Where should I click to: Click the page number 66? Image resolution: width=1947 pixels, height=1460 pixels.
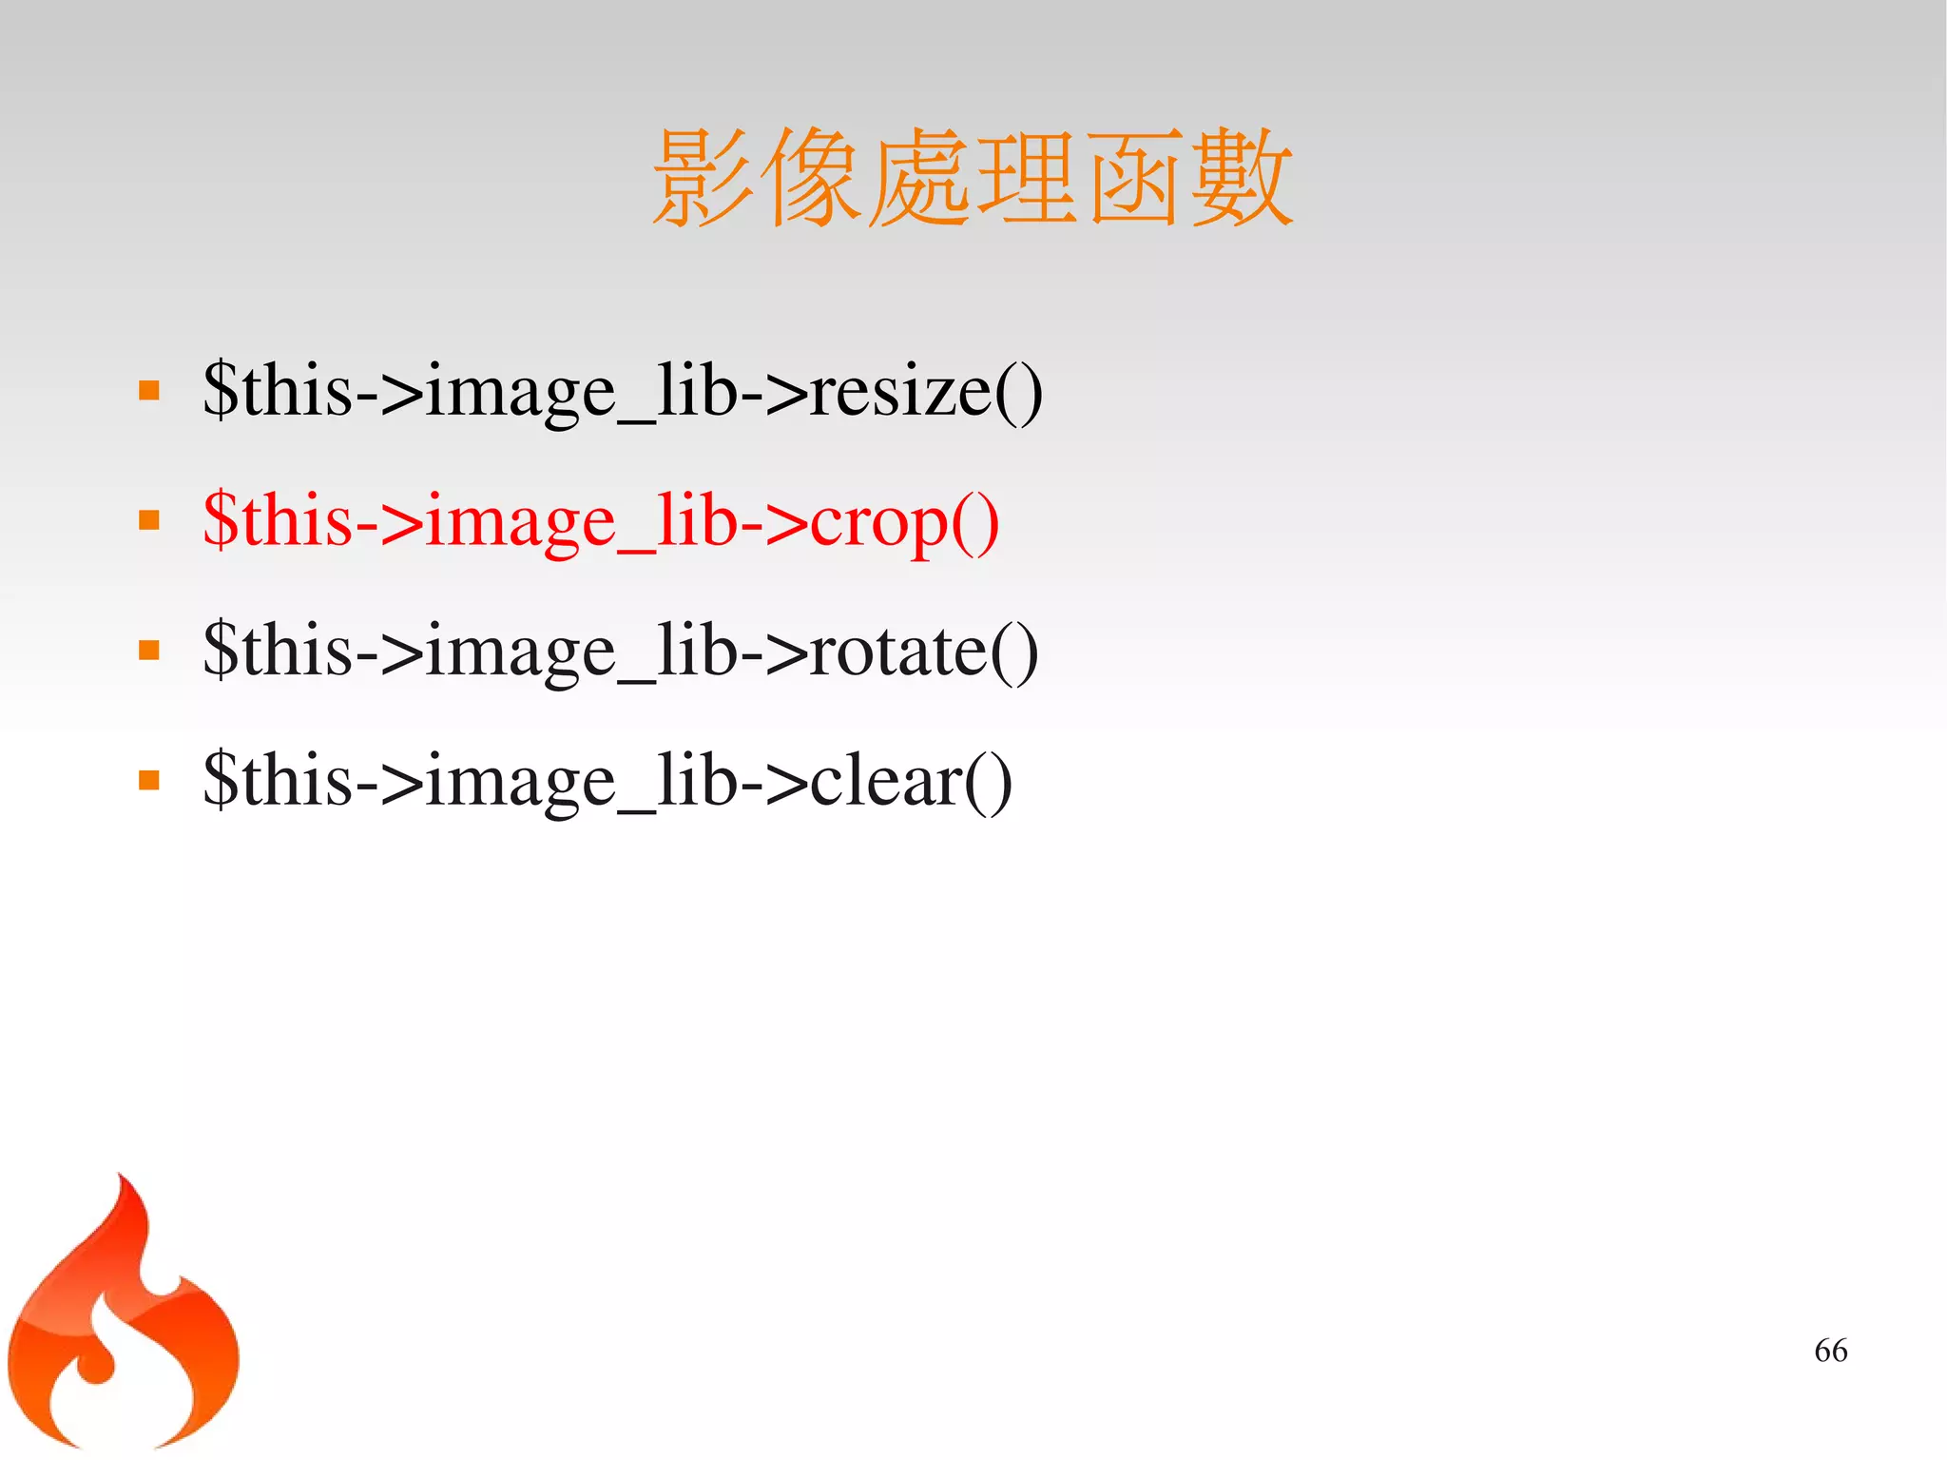(1830, 1350)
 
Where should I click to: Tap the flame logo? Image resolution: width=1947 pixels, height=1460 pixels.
(124, 1322)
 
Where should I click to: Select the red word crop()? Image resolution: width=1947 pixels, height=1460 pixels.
(904, 521)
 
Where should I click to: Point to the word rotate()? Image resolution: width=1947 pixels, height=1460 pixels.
(923, 652)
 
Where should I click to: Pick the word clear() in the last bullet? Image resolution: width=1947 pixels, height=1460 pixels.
(910, 781)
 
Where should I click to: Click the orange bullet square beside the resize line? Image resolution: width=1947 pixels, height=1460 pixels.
(148, 390)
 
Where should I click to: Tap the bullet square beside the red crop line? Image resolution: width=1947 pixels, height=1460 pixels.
(148, 520)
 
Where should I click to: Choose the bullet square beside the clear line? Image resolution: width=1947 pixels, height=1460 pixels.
(148, 781)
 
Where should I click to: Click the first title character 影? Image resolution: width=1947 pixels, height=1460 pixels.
(704, 179)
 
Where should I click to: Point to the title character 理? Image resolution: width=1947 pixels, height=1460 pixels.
(1027, 179)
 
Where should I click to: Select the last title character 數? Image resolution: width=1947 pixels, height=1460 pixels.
(1241, 179)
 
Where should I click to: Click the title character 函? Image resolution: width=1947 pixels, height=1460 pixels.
(1133, 179)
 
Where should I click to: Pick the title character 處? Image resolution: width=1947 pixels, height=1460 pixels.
(918, 179)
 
